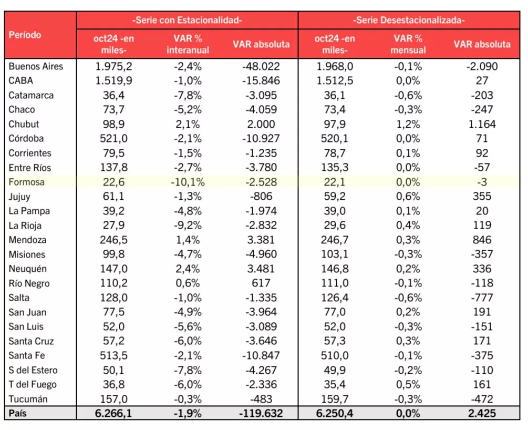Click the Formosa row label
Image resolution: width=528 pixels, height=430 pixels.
[x=27, y=182]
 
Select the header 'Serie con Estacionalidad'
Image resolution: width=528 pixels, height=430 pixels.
[x=187, y=21]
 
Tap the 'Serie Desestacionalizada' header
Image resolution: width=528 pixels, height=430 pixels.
[x=409, y=21]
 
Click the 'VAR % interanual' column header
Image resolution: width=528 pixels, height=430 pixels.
[x=188, y=44]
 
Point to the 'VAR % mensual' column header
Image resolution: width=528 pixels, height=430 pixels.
[x=408, y=44]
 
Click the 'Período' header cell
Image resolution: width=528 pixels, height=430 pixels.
[x=25, y=35]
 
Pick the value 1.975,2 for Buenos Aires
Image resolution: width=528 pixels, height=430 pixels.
[x=114, y=66]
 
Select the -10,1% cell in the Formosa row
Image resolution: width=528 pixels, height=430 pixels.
[x=188, y=182]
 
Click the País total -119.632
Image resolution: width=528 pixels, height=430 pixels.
[x=261, y=414]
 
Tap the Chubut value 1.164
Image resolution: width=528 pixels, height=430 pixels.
[x=482, y=125]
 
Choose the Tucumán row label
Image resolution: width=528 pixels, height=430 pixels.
[x=28, y=399]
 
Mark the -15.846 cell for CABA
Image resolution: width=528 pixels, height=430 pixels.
[x=261, y=81]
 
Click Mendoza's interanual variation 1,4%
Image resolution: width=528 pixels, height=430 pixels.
[x=188, y=240]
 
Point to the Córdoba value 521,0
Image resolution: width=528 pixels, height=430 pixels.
[x=114, y=139]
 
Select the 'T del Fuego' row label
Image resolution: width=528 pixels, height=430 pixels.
[x=33, y=385]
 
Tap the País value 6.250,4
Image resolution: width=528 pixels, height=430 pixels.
[x=335, y=414]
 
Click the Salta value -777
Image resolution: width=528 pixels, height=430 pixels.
[x=482, y=298]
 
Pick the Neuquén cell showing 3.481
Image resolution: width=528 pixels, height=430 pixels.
[x=261, y=269]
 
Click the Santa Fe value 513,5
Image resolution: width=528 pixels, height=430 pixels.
[x=114, y=356]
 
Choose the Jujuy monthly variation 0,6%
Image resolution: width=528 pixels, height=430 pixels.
[x=408, y=197]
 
